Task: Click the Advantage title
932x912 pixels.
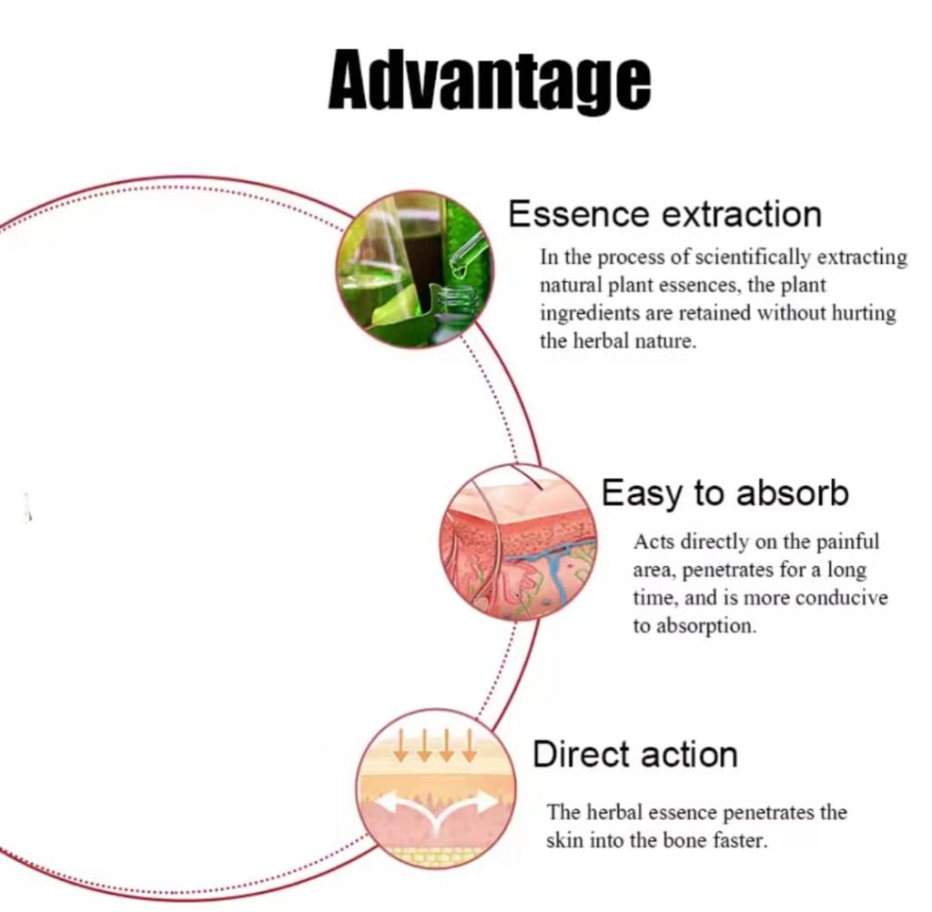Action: coord(489,80)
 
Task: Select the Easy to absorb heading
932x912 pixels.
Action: coord(724,492)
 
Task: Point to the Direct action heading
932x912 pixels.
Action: coord(634,755)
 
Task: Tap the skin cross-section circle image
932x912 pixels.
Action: coord(519,542)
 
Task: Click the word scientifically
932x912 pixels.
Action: coord(753,258)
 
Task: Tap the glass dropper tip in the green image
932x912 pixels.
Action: coord(459,273)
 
